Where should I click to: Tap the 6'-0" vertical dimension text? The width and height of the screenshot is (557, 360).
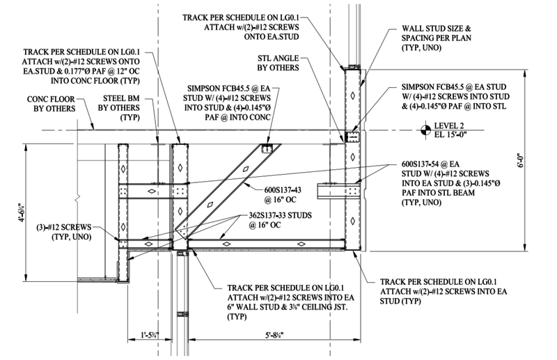pos(520,160)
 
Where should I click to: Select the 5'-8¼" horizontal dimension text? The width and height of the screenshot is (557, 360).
pos(274,335)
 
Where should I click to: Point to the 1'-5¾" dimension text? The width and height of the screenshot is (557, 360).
pos(150,335)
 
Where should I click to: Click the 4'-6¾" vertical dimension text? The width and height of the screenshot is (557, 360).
pos(22,212)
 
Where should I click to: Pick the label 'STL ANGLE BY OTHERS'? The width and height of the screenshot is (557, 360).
pos(278,63)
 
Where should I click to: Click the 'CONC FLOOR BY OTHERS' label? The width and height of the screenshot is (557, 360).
pos(51,104)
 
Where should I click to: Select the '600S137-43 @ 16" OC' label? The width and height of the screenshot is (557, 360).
pos(283,195)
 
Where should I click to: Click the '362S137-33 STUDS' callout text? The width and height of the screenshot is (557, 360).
pos(281,215)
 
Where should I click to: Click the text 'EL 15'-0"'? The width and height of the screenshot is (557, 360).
pos(450,134)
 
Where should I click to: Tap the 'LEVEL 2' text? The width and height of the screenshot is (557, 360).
pos(449,126)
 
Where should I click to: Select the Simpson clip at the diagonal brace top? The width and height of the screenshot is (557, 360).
pos(267,148)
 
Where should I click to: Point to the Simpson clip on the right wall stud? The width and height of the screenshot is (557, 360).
pos(352,136)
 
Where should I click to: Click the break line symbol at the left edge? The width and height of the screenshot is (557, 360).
pos(77,197)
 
